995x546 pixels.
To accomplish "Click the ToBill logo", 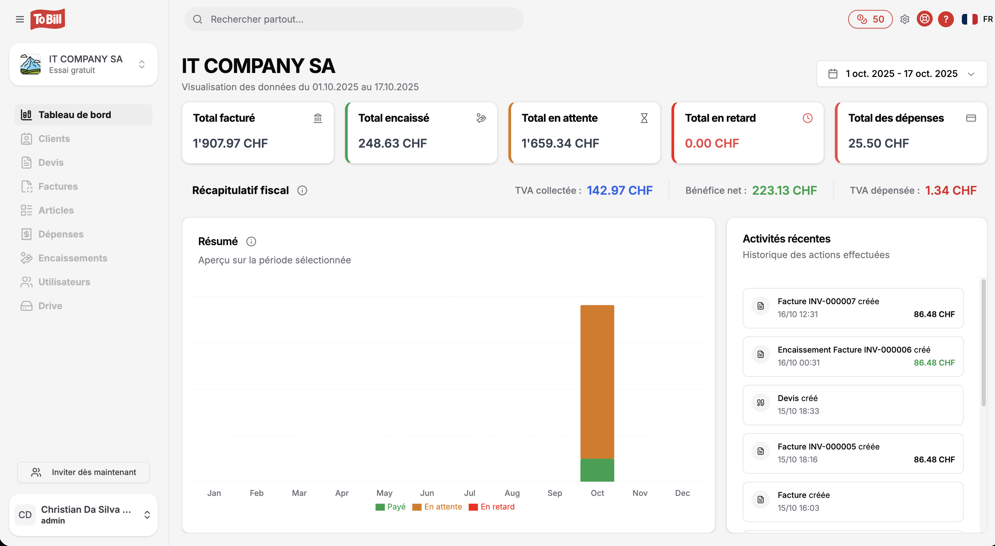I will pos(47,19).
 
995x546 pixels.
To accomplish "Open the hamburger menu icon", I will pos(20,19).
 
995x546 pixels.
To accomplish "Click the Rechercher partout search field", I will pos(353,19).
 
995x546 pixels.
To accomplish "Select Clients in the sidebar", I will pos(54,138).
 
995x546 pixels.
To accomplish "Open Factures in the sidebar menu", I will pos(58,186).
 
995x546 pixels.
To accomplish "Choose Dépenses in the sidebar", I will pos(61,234).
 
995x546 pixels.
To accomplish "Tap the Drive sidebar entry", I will pos(50,306).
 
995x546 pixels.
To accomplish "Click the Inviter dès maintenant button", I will pos(84,472).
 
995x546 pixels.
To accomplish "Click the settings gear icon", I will pos(905,19).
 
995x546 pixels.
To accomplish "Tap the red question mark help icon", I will pos(946,19).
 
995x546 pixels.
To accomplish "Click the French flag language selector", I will pos(969,19).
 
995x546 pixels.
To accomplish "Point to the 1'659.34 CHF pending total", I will pos(560,143).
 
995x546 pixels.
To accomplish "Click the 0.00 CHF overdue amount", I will pos(712,143).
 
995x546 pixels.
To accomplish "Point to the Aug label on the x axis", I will pos(512,493).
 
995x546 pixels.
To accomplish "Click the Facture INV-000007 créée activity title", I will pos(828,301).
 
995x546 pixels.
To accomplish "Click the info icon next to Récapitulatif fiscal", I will pos(302,190).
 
